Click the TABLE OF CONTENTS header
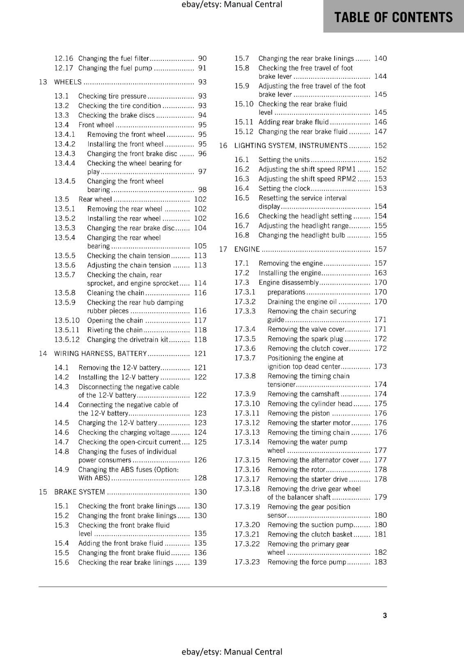click(393, 17)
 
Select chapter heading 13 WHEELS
click(68, 82)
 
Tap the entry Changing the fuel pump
click(115, 68)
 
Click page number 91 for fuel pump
click(202, 68)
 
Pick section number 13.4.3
click(65, 154)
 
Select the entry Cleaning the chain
click(115, 293)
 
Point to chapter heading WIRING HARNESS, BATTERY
click(101, 354)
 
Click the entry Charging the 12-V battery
click(117, 423)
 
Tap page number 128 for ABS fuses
click(200, 478)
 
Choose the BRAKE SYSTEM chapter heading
click(80, 492)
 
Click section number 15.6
click(62, 563)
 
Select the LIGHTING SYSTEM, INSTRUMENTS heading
click(291, 146)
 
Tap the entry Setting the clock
click(284, 188)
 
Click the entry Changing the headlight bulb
click(302, 235)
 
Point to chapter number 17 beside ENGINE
click(223, 249)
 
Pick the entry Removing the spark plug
click(305, 339)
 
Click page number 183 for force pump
click(380, 562)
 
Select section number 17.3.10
click(247, 404)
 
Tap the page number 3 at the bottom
click(385, 615)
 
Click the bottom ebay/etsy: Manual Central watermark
click(232, 652)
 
